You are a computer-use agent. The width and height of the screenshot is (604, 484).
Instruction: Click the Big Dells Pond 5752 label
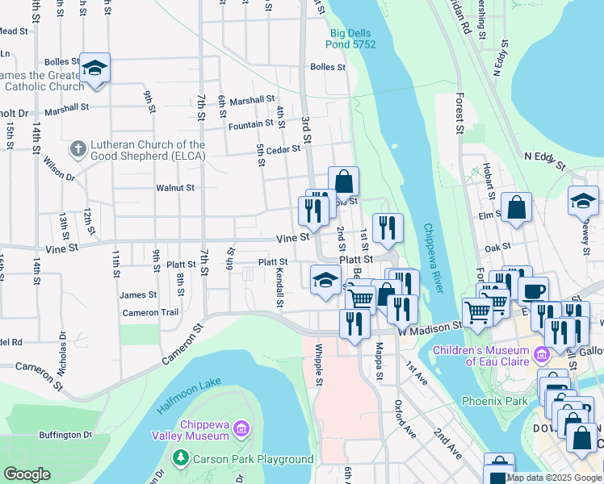coord(351,38)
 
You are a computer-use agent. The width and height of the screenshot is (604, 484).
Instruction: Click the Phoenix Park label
coord(494,401)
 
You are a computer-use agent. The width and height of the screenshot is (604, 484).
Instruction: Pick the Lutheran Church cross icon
coord(77,148)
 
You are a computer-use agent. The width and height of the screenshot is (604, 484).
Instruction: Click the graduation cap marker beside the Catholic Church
coord(94,69)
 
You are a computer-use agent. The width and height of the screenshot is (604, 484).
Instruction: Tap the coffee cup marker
coord(532,291)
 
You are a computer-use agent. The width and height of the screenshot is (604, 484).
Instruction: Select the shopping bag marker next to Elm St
coord(516,208)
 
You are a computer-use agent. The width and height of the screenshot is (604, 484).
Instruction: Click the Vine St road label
coord(292,238)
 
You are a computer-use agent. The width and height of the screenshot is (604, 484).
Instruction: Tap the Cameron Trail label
coord(150,313)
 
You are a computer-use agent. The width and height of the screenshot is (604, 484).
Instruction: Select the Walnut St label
coord(175,188)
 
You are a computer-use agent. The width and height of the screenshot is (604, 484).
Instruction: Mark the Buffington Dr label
coord(65,436)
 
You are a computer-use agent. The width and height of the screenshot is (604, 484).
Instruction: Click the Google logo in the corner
coord(27,474)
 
